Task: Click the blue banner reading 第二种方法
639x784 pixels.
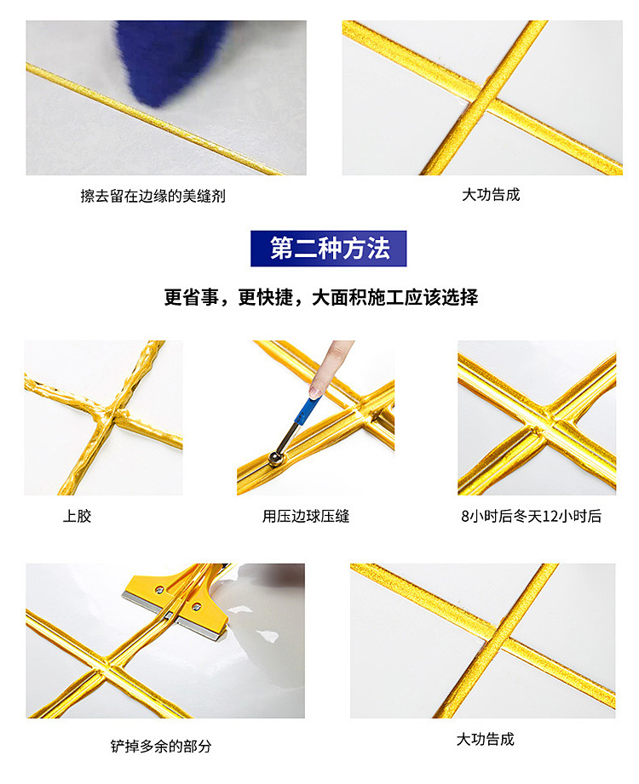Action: (x=329, y=249)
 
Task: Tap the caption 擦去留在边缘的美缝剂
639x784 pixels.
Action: (x=153, y=196)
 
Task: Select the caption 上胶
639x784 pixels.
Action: (x=77, y=516)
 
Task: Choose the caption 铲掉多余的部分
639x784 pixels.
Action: (x=161, y=746)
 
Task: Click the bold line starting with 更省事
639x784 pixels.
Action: (x=320, y=297)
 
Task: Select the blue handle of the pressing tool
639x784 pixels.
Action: (x=302, y=419)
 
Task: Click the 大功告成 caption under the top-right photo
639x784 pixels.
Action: (x=491, y=195)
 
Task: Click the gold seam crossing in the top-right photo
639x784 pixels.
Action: (x=489, y=99)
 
